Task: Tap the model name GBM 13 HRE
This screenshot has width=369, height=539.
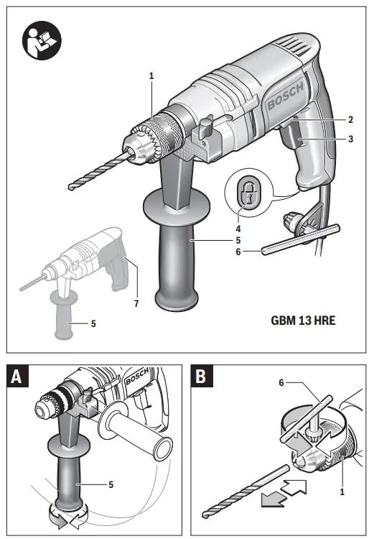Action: [x=304, y=321]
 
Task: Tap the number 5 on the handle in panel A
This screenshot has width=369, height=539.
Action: [x=111, y=484]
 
